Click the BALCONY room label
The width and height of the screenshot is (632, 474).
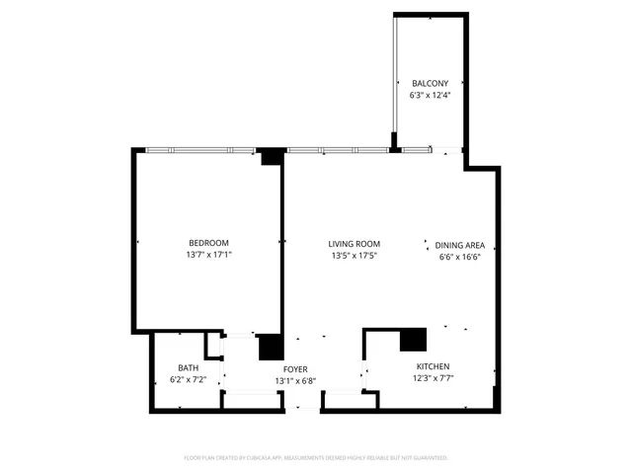click(431, 83)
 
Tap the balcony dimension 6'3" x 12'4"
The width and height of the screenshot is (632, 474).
click(431, 96)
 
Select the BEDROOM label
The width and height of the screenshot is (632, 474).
click(209, 243)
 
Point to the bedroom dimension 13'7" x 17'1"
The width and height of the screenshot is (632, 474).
click(209, 255)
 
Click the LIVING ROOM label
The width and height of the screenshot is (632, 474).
click(355, 244)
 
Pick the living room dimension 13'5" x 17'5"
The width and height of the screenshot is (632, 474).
click(355, 256)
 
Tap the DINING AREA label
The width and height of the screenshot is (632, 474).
click(460, 244)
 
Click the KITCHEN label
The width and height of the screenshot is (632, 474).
click(433, 365)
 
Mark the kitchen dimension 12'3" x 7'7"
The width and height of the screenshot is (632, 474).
click(433, 377)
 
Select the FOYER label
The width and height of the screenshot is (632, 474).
click(295, 368)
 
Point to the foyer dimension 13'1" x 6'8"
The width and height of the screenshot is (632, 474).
click(295, 380)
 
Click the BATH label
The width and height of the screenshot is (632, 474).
click(188, 367)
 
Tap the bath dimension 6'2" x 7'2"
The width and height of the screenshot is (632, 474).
click(188, 379)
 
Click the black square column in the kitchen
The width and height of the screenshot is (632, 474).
click(413, 340)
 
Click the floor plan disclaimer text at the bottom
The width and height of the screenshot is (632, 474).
click(316, 458)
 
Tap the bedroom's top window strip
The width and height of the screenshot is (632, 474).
click(197, 150)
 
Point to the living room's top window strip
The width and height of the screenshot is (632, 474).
click(336, 150)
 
